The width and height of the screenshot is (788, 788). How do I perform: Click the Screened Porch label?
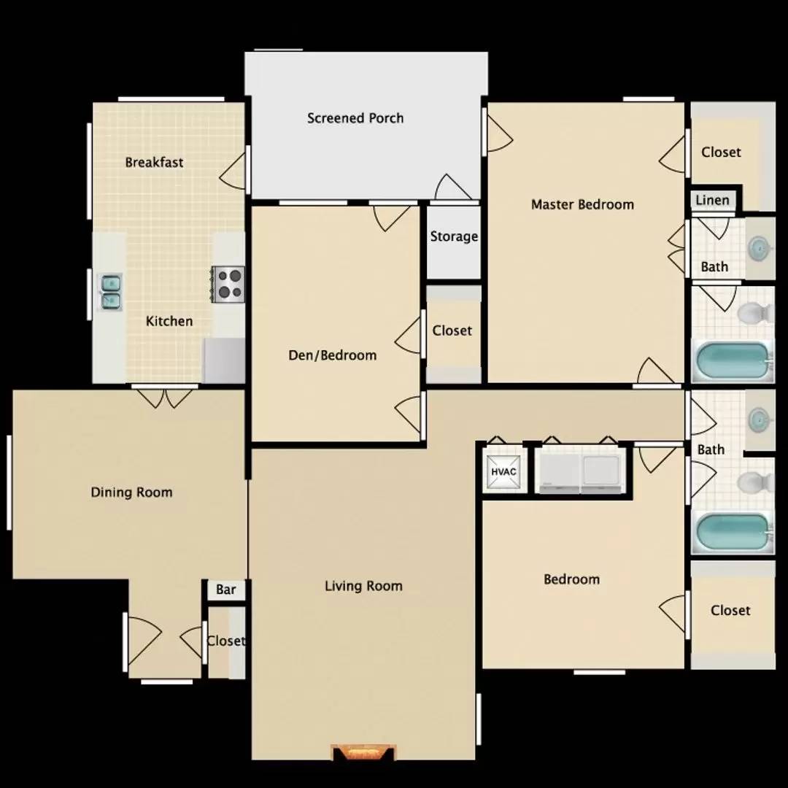click(355, 118)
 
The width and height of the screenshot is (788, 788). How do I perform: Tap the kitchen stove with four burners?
click(228, 285)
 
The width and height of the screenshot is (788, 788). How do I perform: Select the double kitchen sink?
click(111, 292)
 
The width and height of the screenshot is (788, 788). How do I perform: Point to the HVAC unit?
click(503, 471)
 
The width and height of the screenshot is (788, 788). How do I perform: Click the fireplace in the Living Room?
click(364, 752)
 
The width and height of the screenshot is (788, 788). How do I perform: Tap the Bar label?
click(225, 589)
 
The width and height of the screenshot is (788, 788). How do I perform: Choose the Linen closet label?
click(712, 200)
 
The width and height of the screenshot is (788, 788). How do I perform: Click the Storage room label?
click(454, 236)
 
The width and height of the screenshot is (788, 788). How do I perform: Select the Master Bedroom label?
click(582, 204)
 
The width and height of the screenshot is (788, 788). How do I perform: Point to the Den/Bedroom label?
click(332, 355)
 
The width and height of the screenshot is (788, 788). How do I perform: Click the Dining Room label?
click(131, 492)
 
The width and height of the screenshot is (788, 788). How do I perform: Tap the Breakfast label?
click(154, 162)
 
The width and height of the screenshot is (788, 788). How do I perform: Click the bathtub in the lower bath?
click(733, 532)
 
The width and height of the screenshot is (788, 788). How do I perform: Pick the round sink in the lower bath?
click(758, 418)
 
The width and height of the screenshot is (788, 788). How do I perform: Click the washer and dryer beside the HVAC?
click(580, 471)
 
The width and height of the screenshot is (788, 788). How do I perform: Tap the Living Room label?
click(363, 586)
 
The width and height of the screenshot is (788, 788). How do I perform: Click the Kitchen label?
click(169, 321)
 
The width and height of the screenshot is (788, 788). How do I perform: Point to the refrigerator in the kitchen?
click(224, 360)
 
